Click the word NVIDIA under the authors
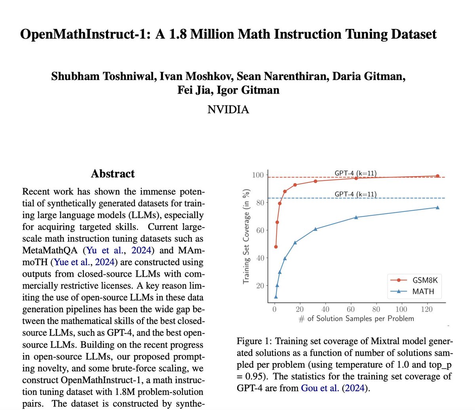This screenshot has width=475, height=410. [228, 109]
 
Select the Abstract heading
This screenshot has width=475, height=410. [113, 174]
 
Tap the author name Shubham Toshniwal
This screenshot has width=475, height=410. [103, 76]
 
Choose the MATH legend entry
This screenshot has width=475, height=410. [423, 291]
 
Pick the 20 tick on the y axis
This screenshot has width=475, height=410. [260, 286]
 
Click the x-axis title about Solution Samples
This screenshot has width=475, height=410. [356, 318]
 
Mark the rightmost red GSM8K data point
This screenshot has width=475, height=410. [437, 176]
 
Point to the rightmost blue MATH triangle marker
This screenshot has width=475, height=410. [437, 207]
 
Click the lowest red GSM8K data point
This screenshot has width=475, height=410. [276, 247]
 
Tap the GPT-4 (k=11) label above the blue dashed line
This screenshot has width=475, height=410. [355, 194]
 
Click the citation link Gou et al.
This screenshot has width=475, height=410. [320, 388]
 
